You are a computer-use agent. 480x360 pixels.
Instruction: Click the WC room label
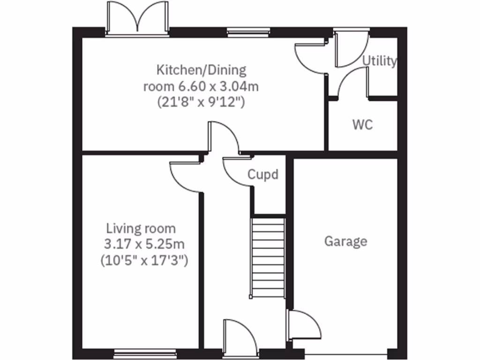click(362, 125)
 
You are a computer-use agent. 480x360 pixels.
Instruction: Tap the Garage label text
click(345, 241)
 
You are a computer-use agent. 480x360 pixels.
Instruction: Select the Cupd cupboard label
click(262, 175)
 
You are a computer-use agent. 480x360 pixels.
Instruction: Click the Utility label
click(380, 61)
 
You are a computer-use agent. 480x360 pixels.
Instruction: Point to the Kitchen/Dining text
click(201, 70)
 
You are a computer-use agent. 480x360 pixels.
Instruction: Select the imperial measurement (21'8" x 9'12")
click(201, 102)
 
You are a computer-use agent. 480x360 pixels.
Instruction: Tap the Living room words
click(141, 229)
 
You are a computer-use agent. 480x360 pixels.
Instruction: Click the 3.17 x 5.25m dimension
click(144, 244)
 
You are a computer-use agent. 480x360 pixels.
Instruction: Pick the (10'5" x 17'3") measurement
click(144, 260)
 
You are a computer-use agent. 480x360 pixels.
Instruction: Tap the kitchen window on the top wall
click(248, 32)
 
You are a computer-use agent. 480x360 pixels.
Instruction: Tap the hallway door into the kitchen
click(223, 137)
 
